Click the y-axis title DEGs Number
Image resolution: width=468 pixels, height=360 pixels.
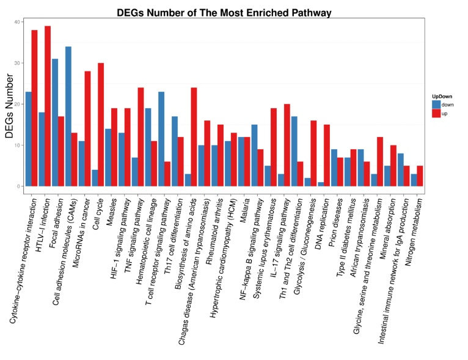pos(10,104)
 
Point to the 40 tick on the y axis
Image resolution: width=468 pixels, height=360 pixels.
pos(18,22)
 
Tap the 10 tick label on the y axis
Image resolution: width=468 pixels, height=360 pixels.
pos(18,145)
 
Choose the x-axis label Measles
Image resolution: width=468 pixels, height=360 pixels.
pos(111,208)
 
